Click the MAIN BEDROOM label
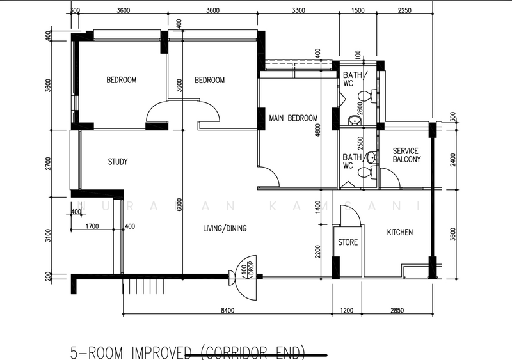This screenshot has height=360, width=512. [x=293, y=118]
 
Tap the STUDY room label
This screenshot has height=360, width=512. [x=117, y=162]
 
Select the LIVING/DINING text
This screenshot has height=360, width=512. [x=225, y=228]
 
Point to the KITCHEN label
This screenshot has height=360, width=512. [x=399, y=232]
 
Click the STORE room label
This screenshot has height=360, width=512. [x=348, y=242]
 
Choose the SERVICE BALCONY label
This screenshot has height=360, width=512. [x=406, y=155]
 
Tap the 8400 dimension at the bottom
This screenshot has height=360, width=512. [x=227, y=311]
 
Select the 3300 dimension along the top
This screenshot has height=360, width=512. [x=297, y=11]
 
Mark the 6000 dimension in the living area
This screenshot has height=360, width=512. [x=180, y=203]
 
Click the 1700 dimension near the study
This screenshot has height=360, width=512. [x=92, y=226]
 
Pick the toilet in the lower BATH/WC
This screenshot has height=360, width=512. [x=365, y=172]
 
